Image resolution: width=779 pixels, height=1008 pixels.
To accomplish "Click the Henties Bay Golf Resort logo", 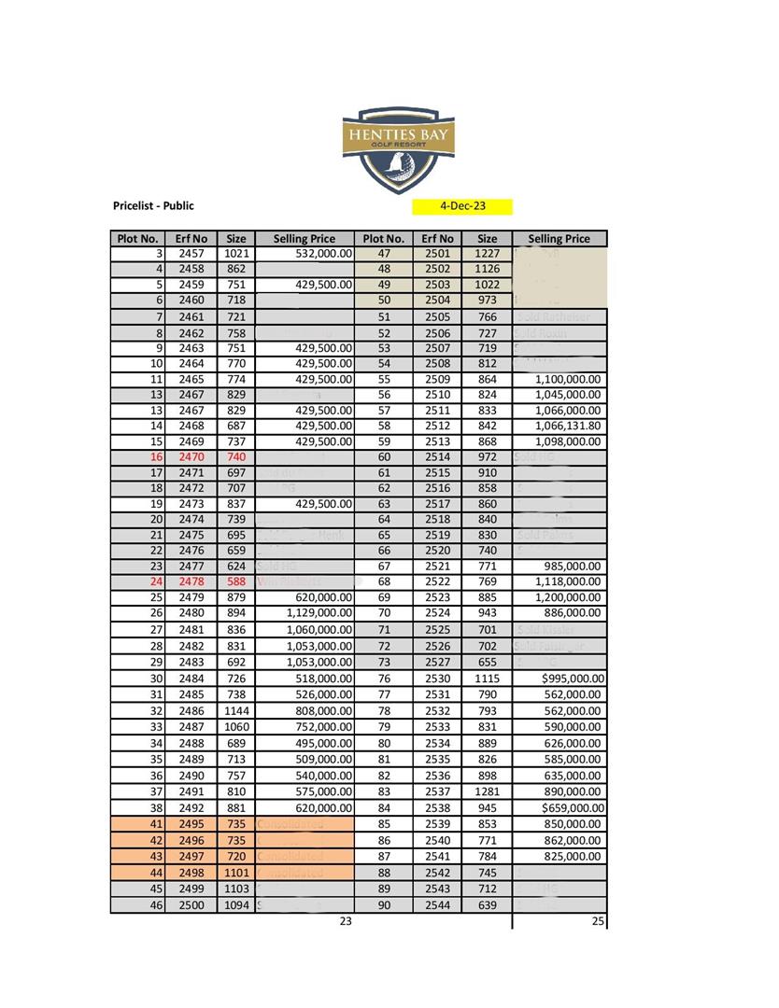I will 398,148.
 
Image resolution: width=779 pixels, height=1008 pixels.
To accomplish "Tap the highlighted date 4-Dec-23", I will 462,206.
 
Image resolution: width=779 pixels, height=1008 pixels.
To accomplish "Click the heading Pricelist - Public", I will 153,205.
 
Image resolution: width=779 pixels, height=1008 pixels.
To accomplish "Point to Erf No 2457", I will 191,253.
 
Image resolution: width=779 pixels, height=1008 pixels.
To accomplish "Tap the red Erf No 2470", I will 191,457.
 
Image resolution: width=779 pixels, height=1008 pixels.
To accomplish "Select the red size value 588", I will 236,581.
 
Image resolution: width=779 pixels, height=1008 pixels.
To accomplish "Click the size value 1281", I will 488,792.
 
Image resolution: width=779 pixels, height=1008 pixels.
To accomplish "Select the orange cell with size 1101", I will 236,873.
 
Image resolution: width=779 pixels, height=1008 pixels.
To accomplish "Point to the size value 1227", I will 488,253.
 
